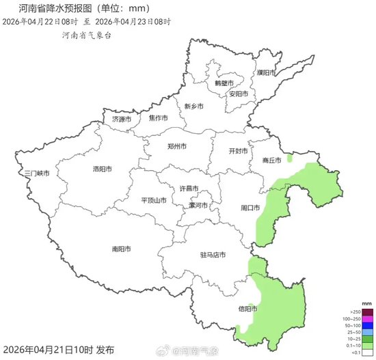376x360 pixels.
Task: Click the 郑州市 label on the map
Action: point(177,146)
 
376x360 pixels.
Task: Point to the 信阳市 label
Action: point(247,309)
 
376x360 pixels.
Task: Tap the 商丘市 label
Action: point(271,161)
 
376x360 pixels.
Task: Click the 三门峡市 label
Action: point(36,174)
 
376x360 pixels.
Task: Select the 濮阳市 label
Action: point(266,72)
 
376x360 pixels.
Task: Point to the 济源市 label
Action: point(121,119)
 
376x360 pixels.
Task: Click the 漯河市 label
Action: point(201,204)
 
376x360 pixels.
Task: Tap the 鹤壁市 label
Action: point(224,83)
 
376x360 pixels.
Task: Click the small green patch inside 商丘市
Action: point(290,158)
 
